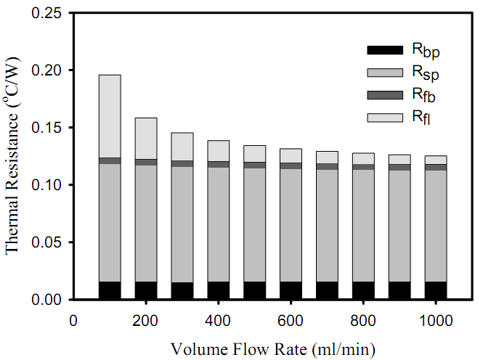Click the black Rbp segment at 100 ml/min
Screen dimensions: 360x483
click(x=109, y=290)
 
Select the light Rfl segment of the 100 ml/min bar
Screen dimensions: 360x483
click(x=109, y=116)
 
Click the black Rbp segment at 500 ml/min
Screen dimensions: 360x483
click(x=254, y=290)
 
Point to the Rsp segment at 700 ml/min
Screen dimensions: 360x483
click(x=327, y=226)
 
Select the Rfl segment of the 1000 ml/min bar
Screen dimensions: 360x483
click(x=436, y=160)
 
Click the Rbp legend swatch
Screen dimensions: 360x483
click(x=384, y=50)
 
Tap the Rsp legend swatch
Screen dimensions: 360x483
click(x=384, y=73)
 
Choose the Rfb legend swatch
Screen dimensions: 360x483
click(x=384, y=95)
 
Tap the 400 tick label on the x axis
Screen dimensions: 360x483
click(x=218, y=320)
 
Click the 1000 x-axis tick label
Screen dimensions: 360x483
click(x=436, y=320)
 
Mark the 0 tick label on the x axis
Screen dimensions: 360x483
click(x=73, y=320)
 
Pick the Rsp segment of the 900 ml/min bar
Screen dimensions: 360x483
click(x=399, y=226)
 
